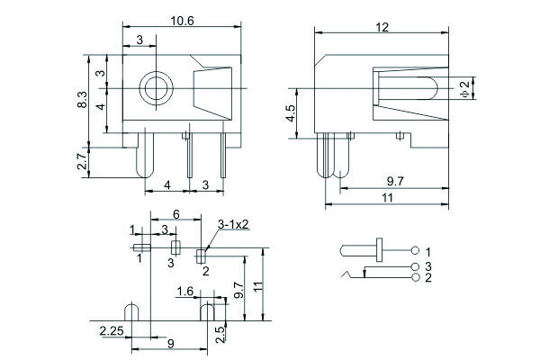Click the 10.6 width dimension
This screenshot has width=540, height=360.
coord(182,20)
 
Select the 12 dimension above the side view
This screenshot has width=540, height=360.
coord(382,28)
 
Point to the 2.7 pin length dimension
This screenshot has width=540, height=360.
coord(81,163)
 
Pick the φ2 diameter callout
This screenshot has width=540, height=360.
coord(464,87)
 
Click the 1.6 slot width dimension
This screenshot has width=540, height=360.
coord(185,291)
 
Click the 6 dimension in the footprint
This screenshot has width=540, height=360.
coord(175,214)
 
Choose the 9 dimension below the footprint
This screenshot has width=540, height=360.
coord(170,344)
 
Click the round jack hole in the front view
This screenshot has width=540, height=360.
coord(155,89)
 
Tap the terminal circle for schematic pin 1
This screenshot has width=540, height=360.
coord(414,249)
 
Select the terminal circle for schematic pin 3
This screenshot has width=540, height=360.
coord(414,267)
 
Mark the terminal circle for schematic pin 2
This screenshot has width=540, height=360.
coord(414,277)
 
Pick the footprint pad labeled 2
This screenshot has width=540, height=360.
coord(201,256)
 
